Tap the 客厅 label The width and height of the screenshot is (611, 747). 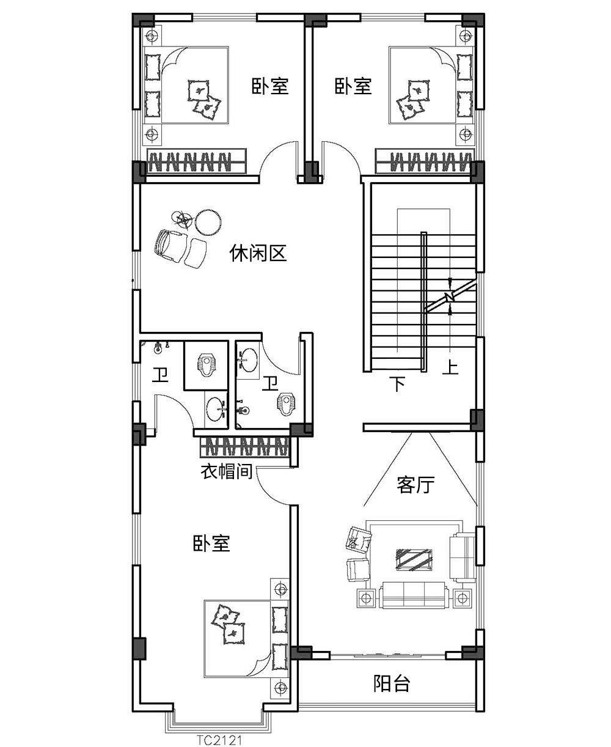(415, 485)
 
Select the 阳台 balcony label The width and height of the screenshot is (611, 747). (391, 683)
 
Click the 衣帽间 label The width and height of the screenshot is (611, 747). (227, 472)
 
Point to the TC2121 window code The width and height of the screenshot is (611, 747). (221, 740)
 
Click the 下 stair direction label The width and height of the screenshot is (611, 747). (398, 384)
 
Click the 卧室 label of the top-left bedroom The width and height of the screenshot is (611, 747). (270, 86)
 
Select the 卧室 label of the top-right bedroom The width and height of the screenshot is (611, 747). (353, 86)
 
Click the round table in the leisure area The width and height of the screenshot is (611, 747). (210, 223)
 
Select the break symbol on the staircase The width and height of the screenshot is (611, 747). (450, 297)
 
